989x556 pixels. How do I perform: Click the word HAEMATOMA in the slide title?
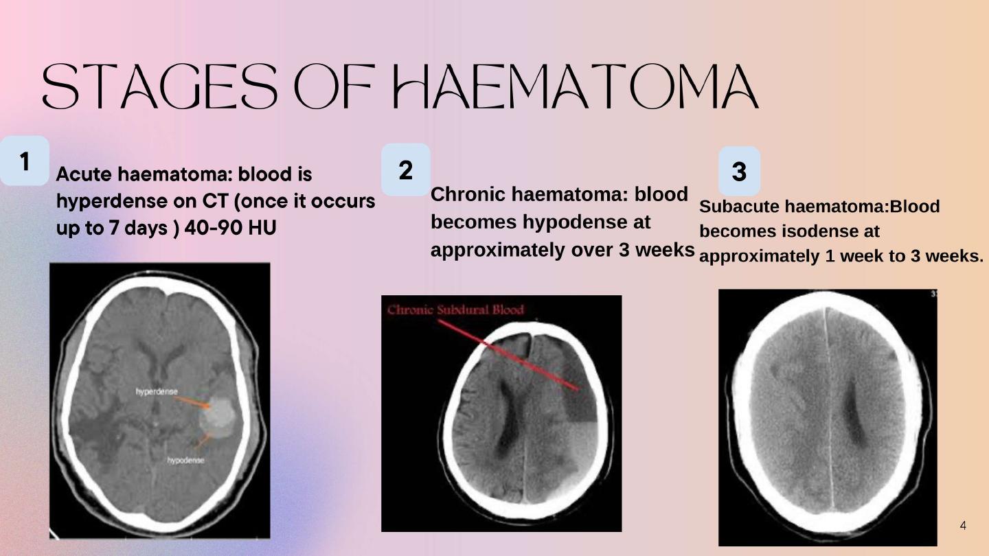coord(576,86)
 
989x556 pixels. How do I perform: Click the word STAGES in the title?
coord(160,86)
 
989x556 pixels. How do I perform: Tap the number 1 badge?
coord(24,161)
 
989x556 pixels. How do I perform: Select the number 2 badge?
coord(406,170)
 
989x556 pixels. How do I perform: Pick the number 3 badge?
coord(740,171)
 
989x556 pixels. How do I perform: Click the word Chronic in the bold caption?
coord(468,194)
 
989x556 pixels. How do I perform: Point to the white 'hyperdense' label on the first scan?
coord(157,391)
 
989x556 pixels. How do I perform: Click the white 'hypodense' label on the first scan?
coord(185,460)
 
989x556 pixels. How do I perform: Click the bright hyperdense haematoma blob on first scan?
coord(217,417)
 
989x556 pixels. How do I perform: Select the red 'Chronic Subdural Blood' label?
coord(455,310)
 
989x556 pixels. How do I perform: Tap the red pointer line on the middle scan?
coord(508,356)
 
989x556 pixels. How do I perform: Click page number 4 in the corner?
coord(963,526)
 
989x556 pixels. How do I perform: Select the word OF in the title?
coord(334,86)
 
